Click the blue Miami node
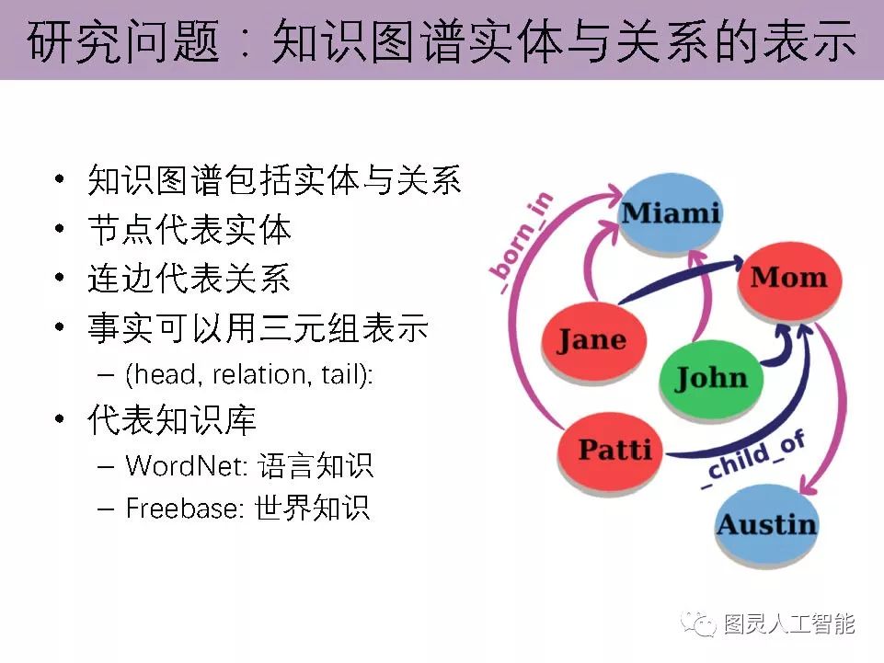click(670, 213)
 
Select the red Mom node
click(788, 278)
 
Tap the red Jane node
click(591, 340)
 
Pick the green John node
click(711, 377)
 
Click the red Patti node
click(614, 451)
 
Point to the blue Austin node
click(766, 525)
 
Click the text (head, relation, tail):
click(248, 375)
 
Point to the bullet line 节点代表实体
click(189, 229)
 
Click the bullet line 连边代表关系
click(189, 279)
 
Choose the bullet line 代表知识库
click(172, 420)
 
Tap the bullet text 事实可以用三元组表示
click(258, 327)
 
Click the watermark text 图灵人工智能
click(789, 624)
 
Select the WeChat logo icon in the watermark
click(699, 624)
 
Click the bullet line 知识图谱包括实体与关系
click(274, 179)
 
